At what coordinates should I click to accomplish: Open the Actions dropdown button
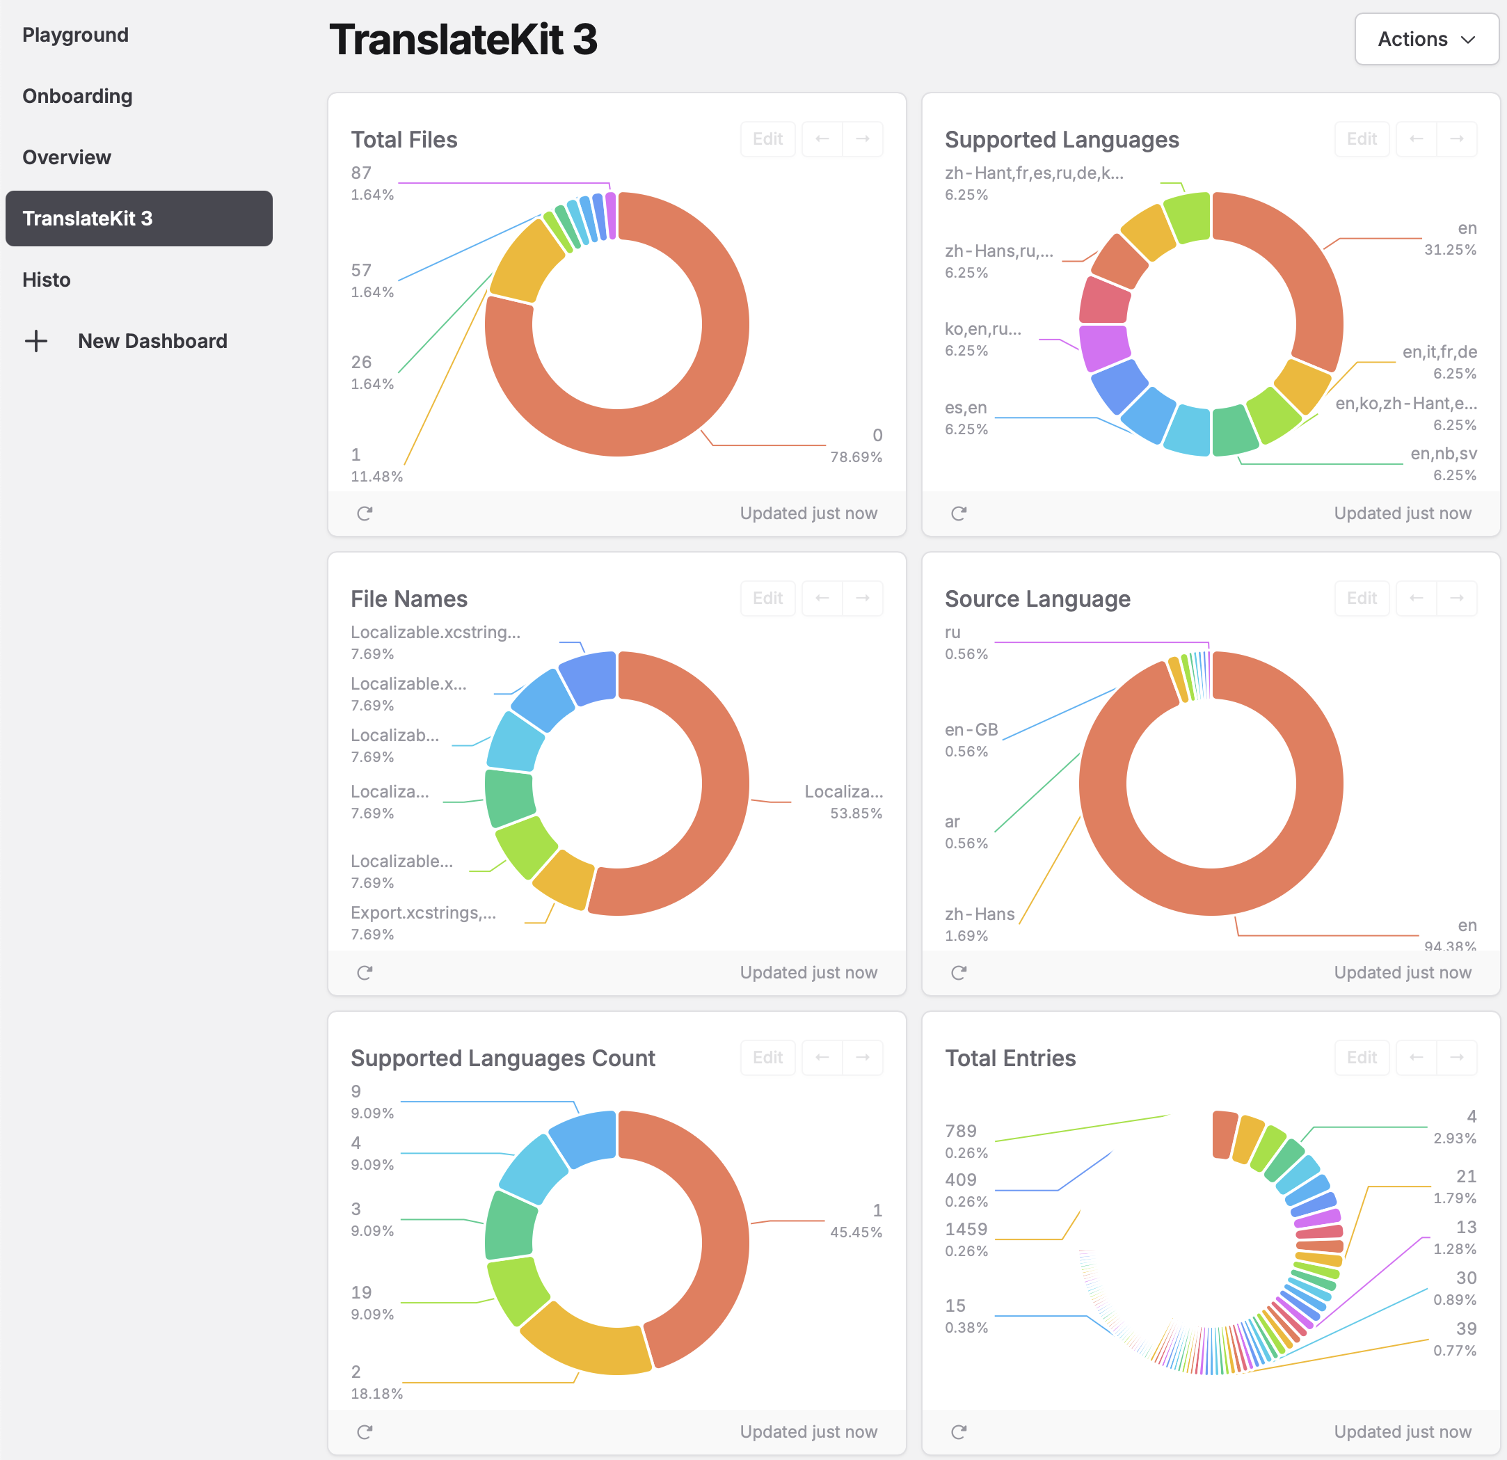1426,39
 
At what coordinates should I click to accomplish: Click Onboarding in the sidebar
78,96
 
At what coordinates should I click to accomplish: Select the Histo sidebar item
46,280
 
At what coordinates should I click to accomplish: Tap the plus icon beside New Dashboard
36,341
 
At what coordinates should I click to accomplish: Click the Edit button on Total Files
767,139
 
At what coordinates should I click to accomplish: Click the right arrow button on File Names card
862,598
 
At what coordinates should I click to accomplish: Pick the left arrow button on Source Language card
1415,598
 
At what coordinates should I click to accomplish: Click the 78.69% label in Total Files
855,457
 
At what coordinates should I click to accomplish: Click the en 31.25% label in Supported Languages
1449,239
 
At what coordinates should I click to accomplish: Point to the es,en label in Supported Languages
966,408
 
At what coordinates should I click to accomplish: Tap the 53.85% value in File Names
855,813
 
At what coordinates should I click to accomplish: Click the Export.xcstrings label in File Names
423,912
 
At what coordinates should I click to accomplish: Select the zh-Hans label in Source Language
980,914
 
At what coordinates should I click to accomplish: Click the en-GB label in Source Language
971,729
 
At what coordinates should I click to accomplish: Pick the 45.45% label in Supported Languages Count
855,1232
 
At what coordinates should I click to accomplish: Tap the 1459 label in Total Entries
966,1229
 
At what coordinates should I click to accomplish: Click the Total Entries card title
1010,1058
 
